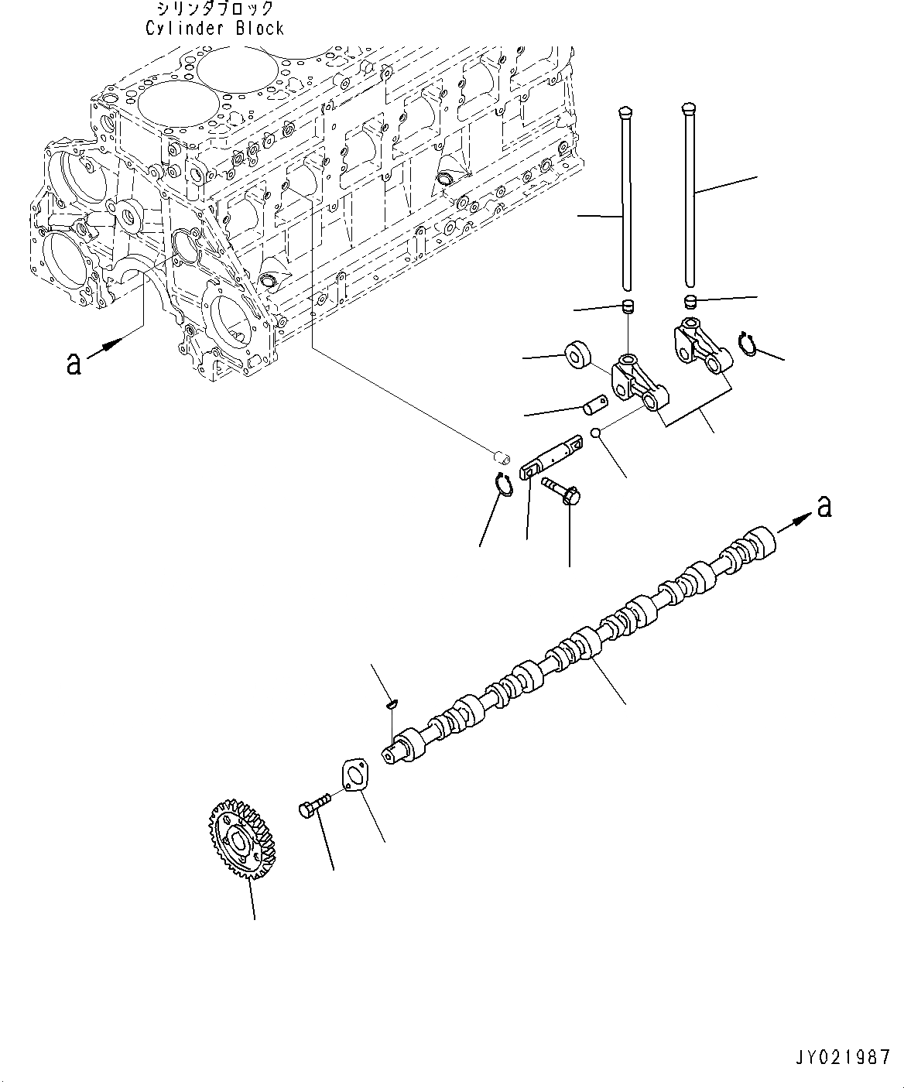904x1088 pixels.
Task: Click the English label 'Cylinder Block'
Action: point(214,29)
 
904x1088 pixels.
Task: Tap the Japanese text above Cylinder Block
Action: point(214,9)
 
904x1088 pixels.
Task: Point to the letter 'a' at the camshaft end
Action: point(824,506)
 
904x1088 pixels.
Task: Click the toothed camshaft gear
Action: point(241,834)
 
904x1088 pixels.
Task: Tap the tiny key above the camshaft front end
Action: point(392,703)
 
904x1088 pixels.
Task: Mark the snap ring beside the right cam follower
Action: point(747,344)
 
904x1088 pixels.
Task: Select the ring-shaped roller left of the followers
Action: point(578,354)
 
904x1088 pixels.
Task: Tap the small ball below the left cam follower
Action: point(595,434)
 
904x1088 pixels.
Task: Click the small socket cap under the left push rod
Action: point(629,307)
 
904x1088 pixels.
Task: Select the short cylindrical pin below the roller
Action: point(595,404)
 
